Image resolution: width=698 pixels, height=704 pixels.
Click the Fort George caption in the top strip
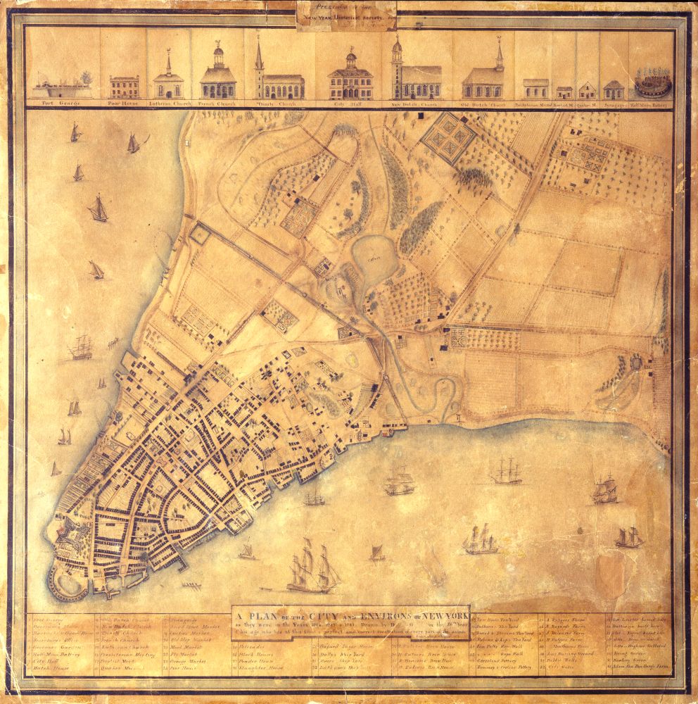pyautogui.click(x=61, y=103)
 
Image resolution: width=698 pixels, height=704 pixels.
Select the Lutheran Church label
pyautogui.click(x=169, y=103)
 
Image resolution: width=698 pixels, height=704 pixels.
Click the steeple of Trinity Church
pyautogui.click(x=259, y=55)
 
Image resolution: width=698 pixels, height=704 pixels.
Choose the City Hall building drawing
pyautogui.click(x=350, y=79)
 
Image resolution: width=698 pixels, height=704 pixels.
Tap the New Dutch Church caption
pyautogui.click(x=416, y=104)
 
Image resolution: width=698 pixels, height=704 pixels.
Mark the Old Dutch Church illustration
pyautogui.click(x=485, y=79)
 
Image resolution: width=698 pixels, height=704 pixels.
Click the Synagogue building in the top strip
pyautogui.click(x=614, y=89)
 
